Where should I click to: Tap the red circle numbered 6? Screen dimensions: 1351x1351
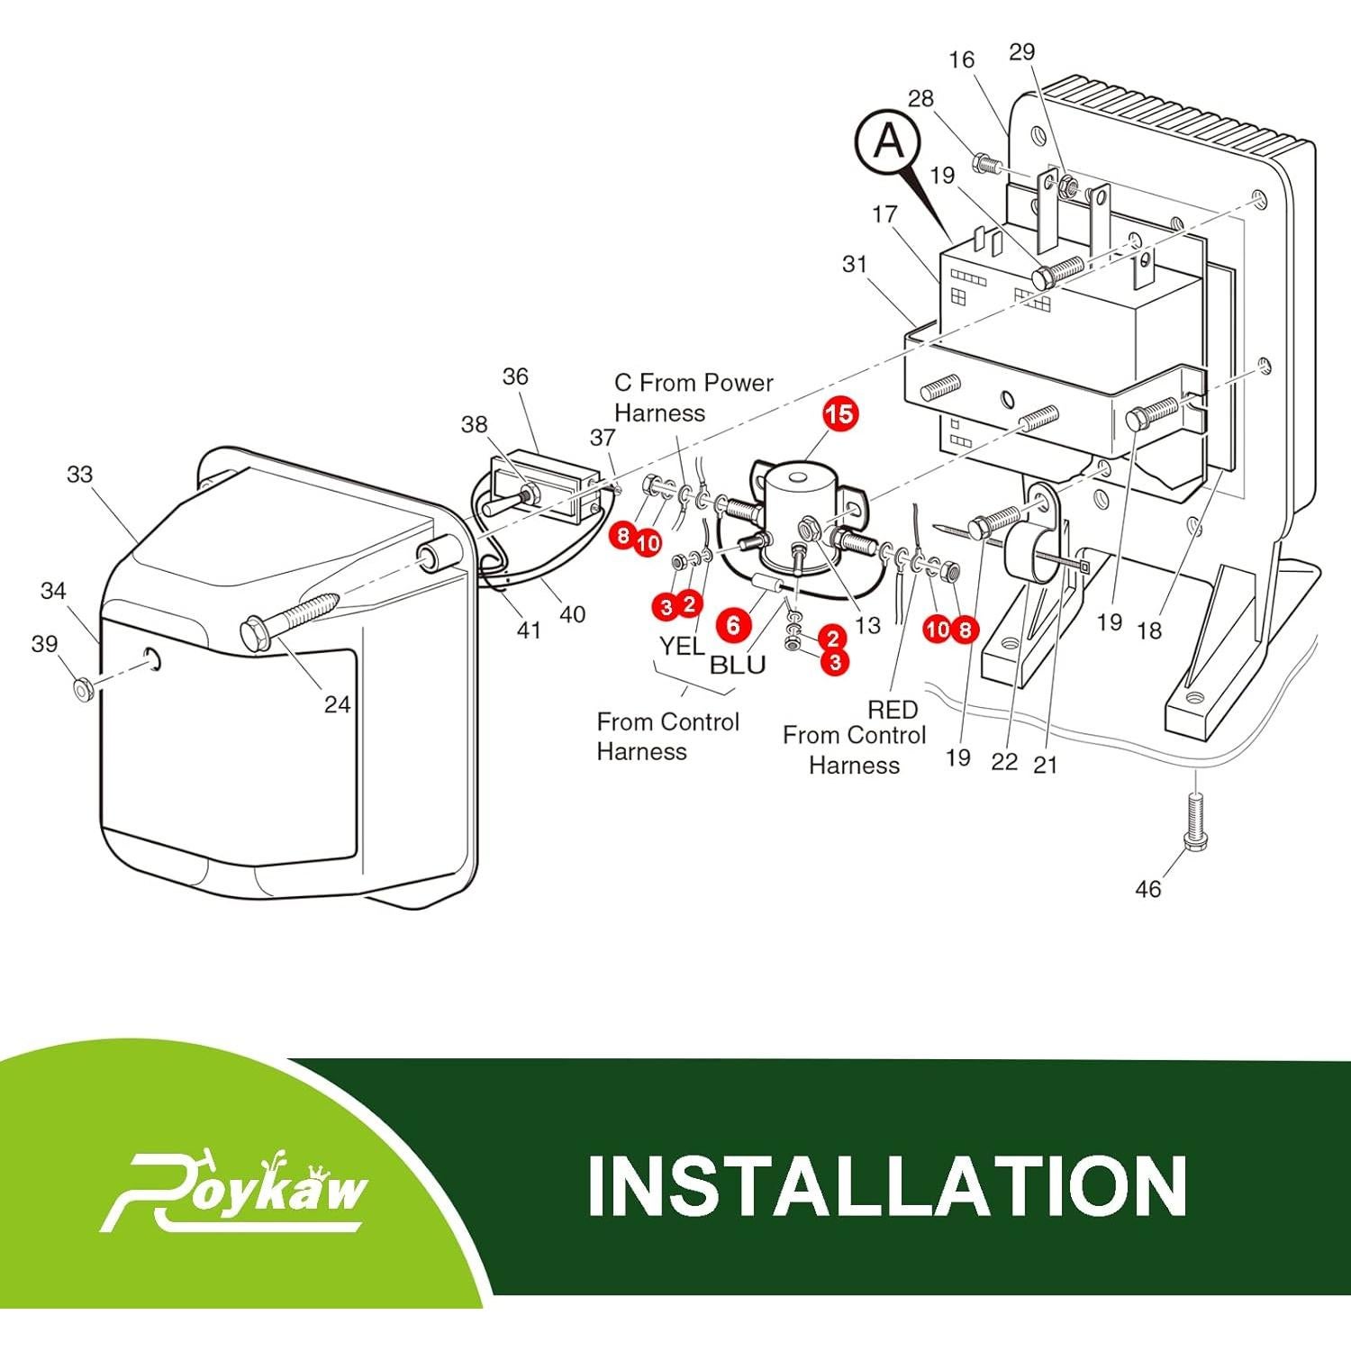point(733,624)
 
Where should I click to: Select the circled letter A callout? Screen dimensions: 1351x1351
point(890,141)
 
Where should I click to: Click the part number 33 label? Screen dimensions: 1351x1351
point(79,474)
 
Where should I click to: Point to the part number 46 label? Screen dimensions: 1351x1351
point(1147,889)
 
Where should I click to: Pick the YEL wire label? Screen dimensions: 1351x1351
point(682,646)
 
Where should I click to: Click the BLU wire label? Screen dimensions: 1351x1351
point(738,665)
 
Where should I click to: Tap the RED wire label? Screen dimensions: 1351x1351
point(893,710)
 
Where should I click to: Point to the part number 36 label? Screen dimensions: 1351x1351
point(515,376)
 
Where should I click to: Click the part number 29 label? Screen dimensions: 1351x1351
point(1021,52)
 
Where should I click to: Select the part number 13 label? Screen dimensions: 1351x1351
point(867,625)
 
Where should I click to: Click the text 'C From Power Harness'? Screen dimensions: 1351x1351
point(694,397)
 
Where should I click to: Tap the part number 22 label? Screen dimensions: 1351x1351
point(1003,762)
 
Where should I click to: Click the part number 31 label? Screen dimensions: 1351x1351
point(854,264)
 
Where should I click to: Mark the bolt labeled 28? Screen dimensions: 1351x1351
point(985,166)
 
